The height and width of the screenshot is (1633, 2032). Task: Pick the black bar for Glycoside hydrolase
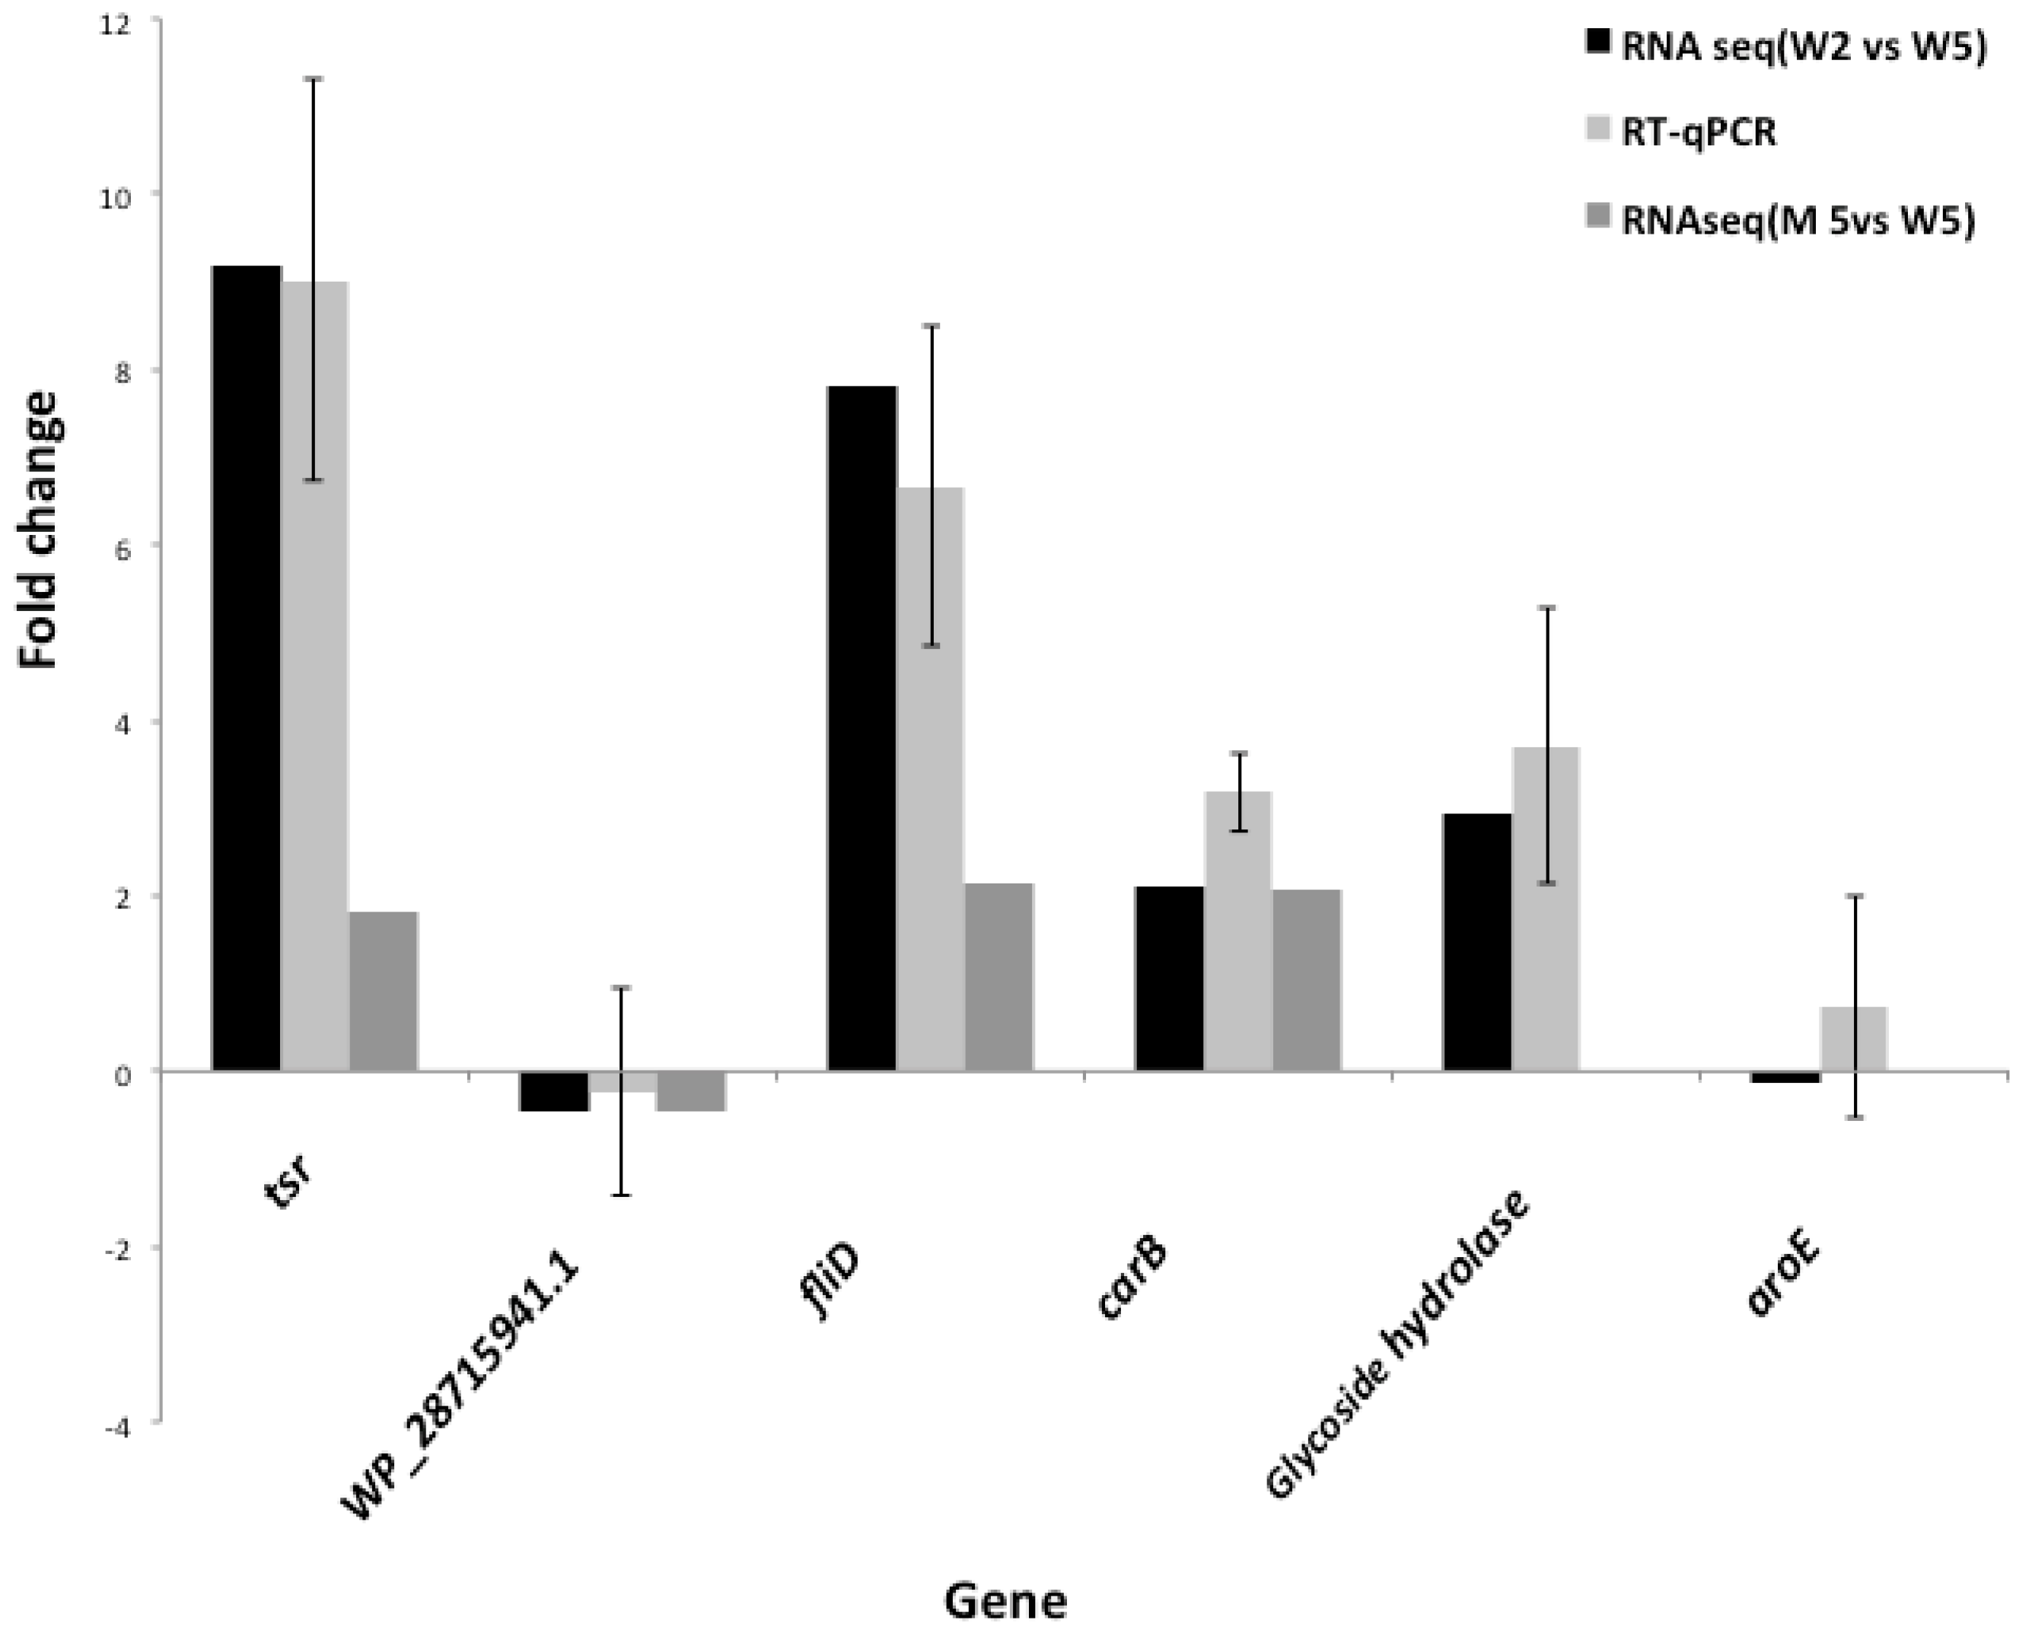click(1477, 942)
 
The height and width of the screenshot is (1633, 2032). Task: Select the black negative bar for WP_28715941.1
click(554, 1091)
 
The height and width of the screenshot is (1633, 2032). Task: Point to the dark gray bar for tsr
click(384, 992)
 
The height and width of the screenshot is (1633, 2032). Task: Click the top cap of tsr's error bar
click(314, 79)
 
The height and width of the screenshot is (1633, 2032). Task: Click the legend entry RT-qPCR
click(1697, 134)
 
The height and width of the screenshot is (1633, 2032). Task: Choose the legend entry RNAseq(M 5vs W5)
click(1796, 221)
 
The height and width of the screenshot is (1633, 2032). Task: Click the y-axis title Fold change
click(40, 530)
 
